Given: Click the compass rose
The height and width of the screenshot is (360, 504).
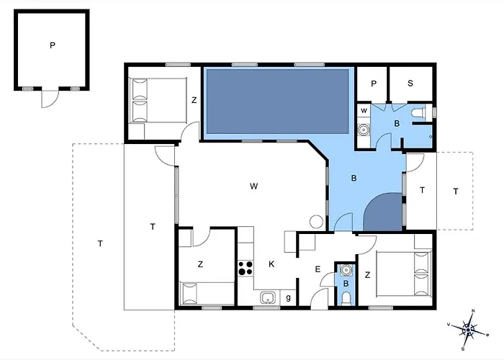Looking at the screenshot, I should (469, 330).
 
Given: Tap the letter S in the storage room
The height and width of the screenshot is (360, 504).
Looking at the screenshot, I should (410, 84).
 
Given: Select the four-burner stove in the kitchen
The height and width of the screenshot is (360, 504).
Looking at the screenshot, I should (246, 269).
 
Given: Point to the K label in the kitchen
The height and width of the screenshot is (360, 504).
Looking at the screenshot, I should (271, 264).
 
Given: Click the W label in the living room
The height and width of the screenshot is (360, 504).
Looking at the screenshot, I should (253, 186).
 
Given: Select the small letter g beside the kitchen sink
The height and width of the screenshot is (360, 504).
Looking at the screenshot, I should (288, 297).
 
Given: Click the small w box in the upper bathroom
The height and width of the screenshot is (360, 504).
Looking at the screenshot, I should (364, 111).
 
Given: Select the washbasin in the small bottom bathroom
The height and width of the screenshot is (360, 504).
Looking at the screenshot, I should (346, 271).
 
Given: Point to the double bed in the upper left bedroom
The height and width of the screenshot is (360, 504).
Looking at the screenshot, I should (149, 100).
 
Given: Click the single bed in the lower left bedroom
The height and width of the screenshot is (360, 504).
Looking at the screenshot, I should (206, 292).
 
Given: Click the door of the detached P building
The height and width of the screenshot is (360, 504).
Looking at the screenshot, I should (48, 97).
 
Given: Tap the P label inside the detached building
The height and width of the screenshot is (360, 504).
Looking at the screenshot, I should (53, 45).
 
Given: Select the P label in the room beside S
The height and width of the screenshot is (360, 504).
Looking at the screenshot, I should (374, 84).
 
